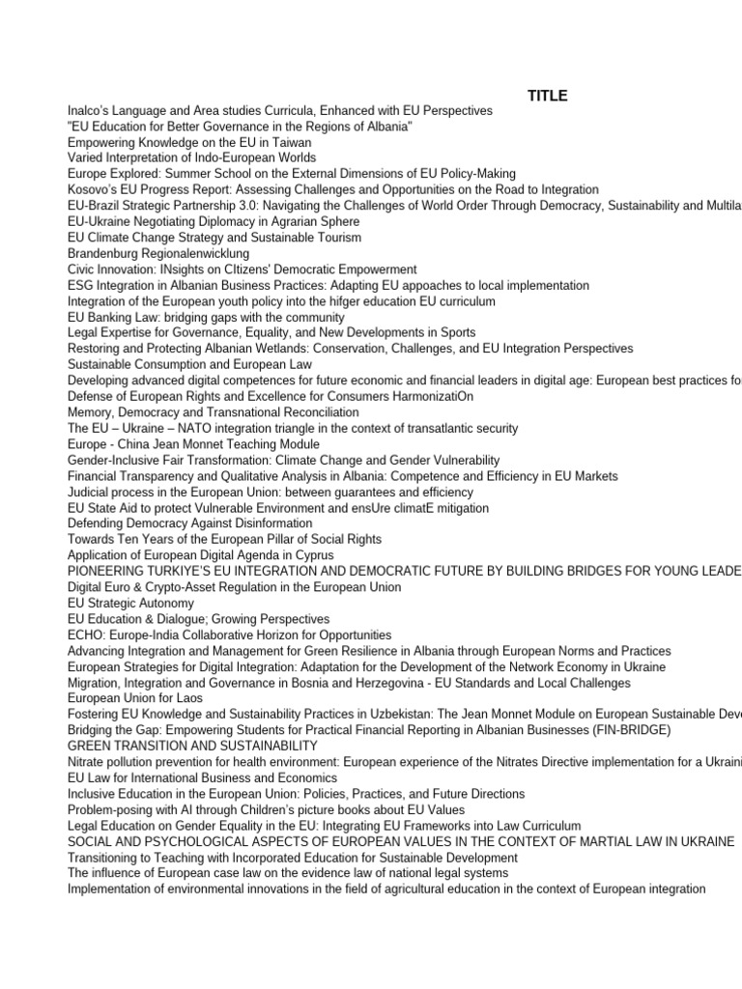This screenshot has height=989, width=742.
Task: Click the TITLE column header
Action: (548, 96)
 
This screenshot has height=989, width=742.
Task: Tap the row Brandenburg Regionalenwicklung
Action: (158, 253)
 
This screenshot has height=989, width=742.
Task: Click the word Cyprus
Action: (314, 555)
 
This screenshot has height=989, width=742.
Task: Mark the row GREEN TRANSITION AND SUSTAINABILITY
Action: (192, 746)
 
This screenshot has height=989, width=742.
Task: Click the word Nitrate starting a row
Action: (87, 762)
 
